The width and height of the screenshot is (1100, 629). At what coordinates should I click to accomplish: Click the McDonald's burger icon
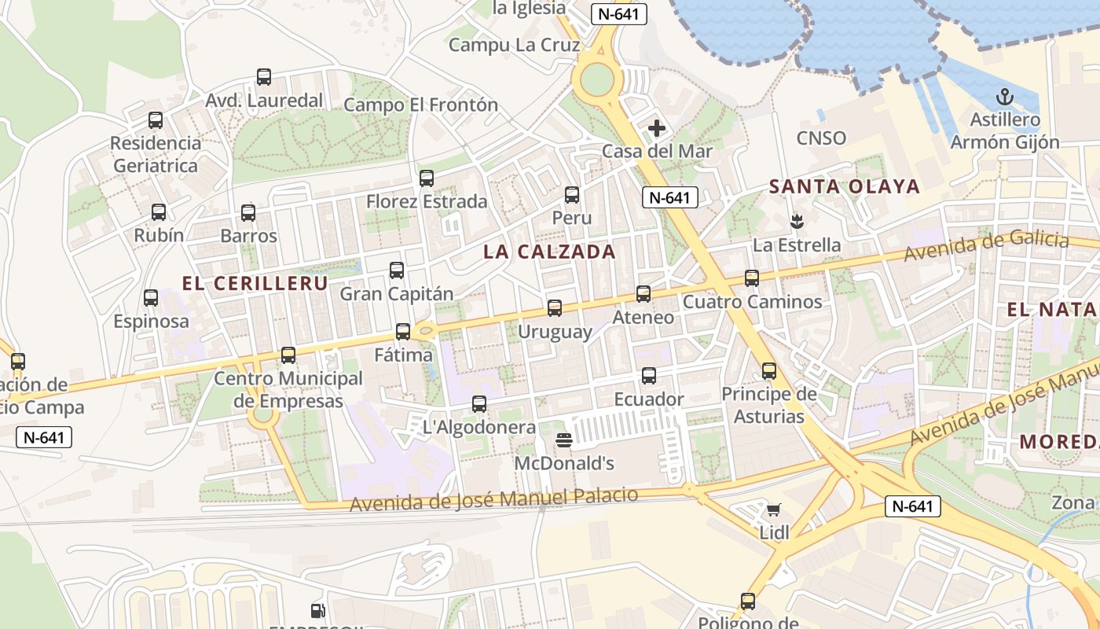coord(563,440)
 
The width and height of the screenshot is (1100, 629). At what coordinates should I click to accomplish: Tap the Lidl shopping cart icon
coord(774,509)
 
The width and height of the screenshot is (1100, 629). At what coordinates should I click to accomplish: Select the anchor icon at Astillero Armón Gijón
coord(1003,97)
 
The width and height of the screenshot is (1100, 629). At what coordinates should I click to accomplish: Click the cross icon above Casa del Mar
coord(656,127)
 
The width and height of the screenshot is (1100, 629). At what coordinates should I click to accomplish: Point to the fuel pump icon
coord(318,610)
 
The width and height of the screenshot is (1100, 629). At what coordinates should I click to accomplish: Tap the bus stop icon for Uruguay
coord(555,308)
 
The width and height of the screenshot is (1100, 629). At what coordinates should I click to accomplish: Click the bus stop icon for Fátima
coord(403,332)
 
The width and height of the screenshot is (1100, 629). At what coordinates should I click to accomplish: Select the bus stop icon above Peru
coord(572,195)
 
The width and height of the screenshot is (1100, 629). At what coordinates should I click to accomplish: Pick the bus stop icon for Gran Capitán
coord(397,270)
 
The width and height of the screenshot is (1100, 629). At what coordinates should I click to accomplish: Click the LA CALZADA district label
coord(549,252)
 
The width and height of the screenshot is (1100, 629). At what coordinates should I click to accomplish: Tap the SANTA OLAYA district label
coord(844,186)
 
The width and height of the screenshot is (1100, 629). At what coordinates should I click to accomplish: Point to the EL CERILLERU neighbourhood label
coord(255,284)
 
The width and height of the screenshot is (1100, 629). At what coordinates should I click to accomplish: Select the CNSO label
coord(821,138)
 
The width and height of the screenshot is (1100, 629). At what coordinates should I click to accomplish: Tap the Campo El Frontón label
coord(420,105)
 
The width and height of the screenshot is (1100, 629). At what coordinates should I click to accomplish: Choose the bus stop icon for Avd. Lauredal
coord(264,77)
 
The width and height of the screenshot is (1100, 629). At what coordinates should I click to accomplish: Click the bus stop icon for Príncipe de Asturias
coord(769,371)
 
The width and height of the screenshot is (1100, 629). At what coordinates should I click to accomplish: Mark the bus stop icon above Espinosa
coord(151,298)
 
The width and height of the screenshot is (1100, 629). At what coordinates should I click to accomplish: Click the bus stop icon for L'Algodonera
coord(479,404)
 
